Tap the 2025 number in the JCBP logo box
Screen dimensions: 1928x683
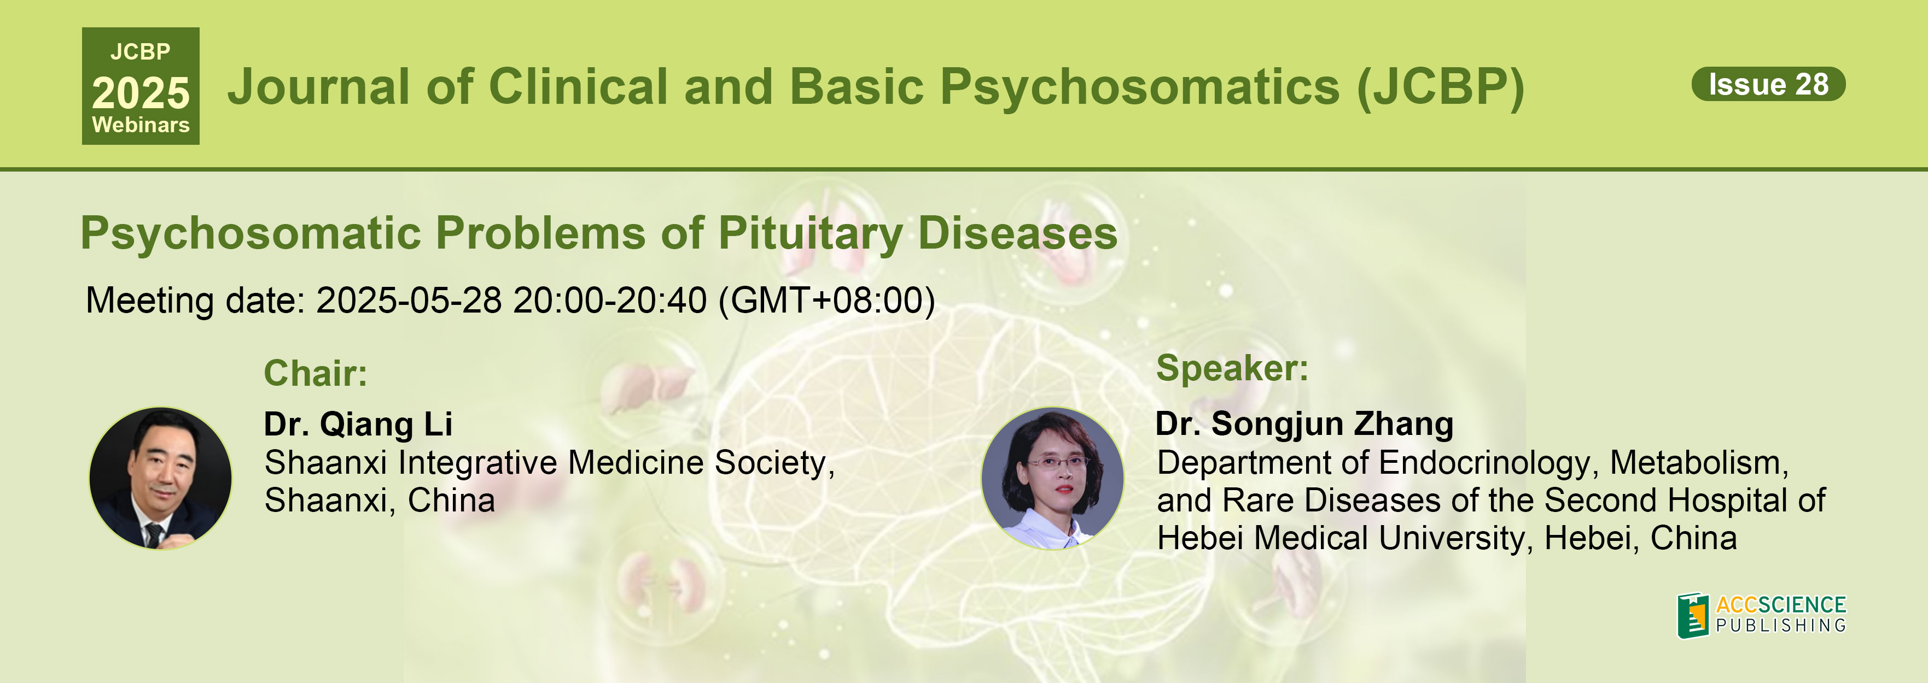(x=141, y=93)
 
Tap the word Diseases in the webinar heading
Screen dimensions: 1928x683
(x=1018, y=233)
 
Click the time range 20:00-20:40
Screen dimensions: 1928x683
(x=610, y=300)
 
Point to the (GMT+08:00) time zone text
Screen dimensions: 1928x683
(x=827, y=301)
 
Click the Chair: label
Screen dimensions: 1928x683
(x=315, y=373)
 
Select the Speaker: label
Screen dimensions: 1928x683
(x=1232, y=368)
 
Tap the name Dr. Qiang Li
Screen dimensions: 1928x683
(x=358, y=424)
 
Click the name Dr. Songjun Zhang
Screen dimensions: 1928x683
(x=1304, y=424)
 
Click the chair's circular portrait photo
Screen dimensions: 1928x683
(x=160, y=478)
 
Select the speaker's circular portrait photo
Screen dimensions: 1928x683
(x=1052, y=478)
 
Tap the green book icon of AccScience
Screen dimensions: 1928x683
(x=1693, y=615)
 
